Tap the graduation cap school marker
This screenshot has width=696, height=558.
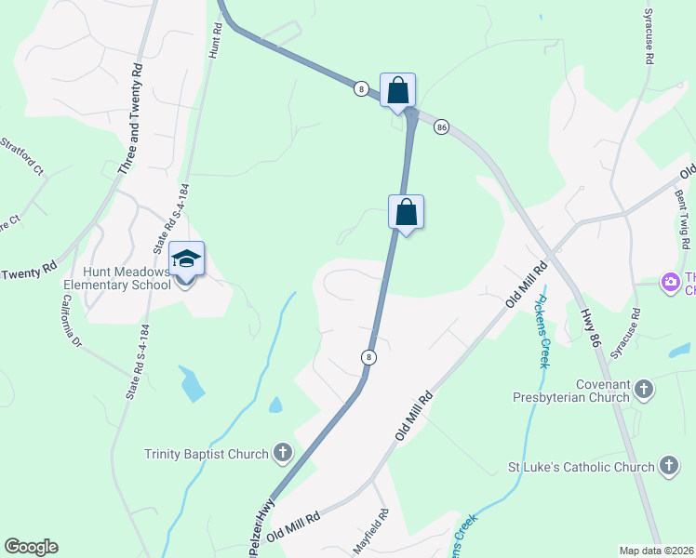click(186, 260)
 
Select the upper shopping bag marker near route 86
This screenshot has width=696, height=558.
click(398, 91)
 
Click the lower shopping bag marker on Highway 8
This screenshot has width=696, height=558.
click(406, 212)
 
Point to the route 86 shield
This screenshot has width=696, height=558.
click(441, 126)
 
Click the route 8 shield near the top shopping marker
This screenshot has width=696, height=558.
click(361, 88)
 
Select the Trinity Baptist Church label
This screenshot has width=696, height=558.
click(207, 454)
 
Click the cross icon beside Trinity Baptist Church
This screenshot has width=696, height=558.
click(283, 454)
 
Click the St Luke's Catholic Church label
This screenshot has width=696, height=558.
click(582, 467)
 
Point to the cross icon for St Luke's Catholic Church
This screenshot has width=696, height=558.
click(668, 466)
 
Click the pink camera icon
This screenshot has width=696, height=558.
click(669, 281)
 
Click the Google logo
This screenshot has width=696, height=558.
click(31, 547)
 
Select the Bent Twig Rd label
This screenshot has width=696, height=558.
click(683, 216)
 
